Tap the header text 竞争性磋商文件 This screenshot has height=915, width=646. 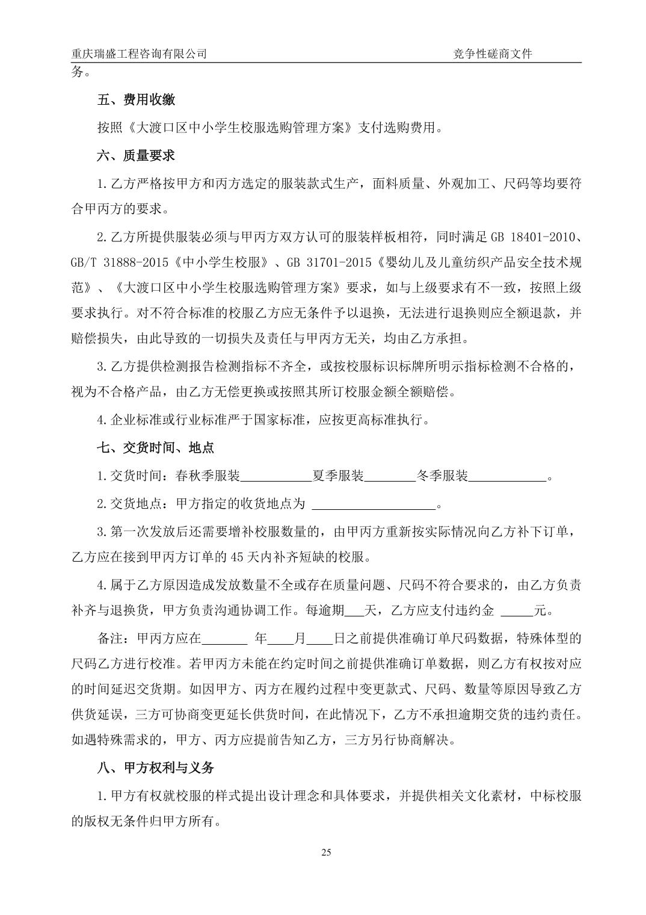click(493, 54)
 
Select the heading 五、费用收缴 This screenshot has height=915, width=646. click(136, 100)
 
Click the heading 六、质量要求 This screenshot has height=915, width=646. click(136, 155)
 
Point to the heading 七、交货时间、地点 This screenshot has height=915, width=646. click(155, 448)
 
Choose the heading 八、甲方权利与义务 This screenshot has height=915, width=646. click(155, 768)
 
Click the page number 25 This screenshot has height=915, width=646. click(327, 852)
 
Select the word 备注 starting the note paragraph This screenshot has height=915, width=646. click(110, 638)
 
